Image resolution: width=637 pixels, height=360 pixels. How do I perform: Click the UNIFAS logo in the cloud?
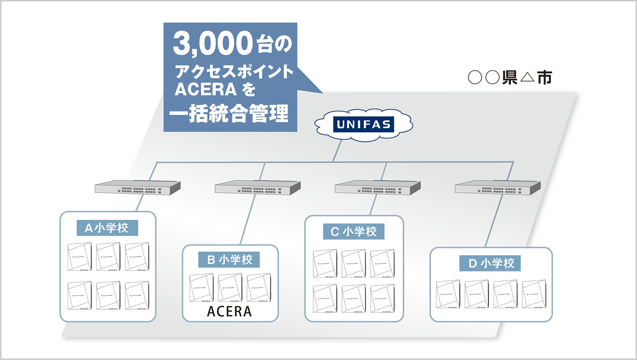(363, 125)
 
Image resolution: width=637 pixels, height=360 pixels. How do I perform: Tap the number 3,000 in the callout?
(213, 44)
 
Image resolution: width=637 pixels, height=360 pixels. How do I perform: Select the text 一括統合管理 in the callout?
(229, 114)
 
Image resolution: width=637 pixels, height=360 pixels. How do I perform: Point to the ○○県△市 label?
(510, 77)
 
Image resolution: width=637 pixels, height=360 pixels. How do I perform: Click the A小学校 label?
(107, 228)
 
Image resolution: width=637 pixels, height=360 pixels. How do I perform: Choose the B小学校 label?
(229, 260)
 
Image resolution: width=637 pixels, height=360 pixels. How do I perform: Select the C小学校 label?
(353, 231)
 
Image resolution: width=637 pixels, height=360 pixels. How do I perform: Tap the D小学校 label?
(490, 263)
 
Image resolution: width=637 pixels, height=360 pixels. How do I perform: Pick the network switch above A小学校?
(137, 188)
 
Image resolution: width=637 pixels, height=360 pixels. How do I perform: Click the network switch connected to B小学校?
(257, 188)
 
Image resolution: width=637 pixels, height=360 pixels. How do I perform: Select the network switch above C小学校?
(378, 188)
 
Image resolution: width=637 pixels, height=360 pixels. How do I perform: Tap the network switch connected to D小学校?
(497, 188)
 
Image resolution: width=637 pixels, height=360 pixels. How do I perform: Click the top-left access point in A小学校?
(80, 257)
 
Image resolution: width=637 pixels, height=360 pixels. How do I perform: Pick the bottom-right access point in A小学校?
(137, 296)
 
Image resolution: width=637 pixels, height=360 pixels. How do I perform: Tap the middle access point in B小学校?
(230, 288)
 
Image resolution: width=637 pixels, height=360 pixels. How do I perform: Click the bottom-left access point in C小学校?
(325, 298)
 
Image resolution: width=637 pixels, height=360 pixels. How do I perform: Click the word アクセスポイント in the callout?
(234, 72)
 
